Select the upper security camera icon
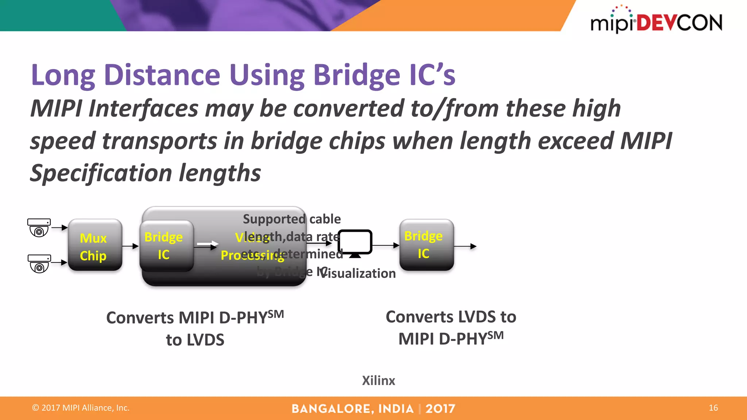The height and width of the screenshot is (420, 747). (x=39, y=227)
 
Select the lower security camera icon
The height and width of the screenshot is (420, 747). (x=39, y=263)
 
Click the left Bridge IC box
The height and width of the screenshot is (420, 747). (x=166, y=245)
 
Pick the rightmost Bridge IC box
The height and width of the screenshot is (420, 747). (x=426, y=245)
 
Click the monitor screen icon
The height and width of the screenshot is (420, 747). (x=355, y=243)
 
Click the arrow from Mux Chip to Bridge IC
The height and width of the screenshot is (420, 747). (x=130, y=246)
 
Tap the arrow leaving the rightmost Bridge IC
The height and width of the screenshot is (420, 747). (x=465, y=246)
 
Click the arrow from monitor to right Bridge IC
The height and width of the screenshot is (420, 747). (x=386, y=245)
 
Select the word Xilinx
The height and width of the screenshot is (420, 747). (x=378, y=381)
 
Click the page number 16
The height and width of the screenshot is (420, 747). (x=713, y=408)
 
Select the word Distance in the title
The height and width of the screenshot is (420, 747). (x=162, y=75)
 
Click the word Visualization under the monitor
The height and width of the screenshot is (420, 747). (x=357, y=273)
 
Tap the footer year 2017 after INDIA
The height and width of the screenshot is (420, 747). (x=440, y=409)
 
